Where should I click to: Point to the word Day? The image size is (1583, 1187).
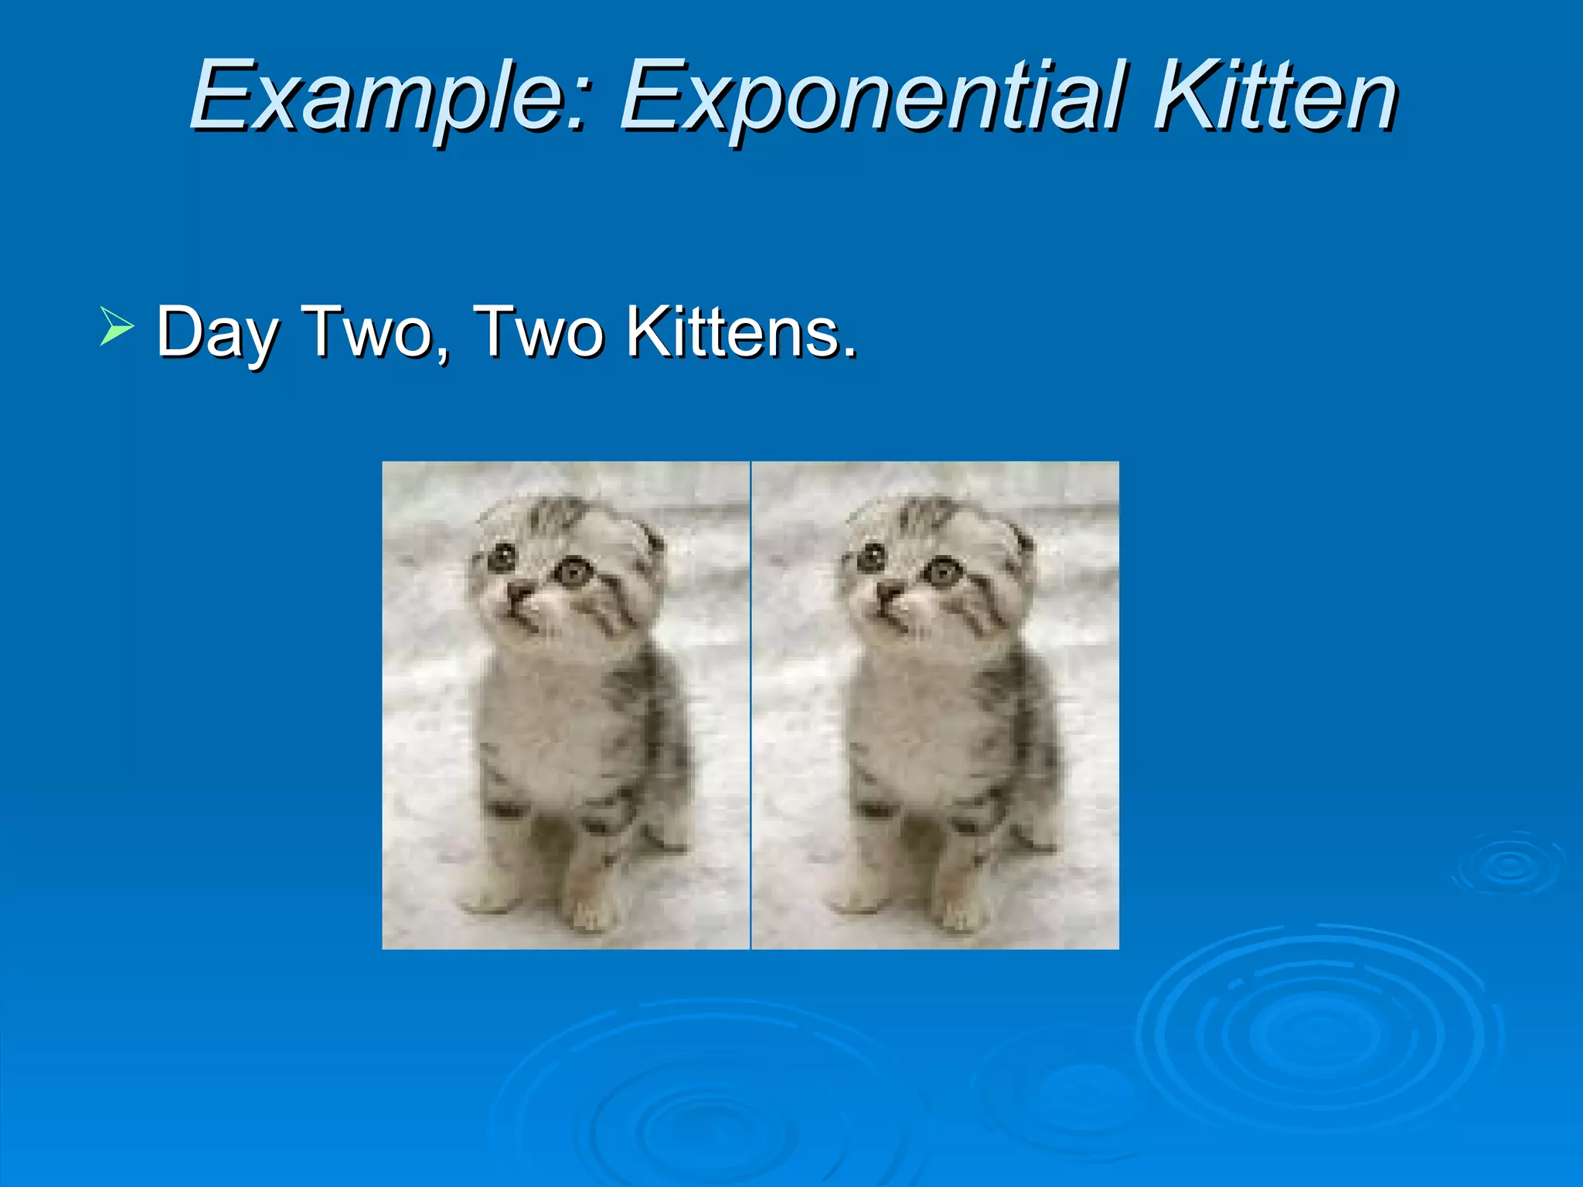point(217,332)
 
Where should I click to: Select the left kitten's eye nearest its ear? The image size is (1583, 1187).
point(574,572)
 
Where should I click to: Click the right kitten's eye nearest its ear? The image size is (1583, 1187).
point(942,572)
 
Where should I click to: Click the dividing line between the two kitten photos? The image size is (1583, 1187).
point(751,705)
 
